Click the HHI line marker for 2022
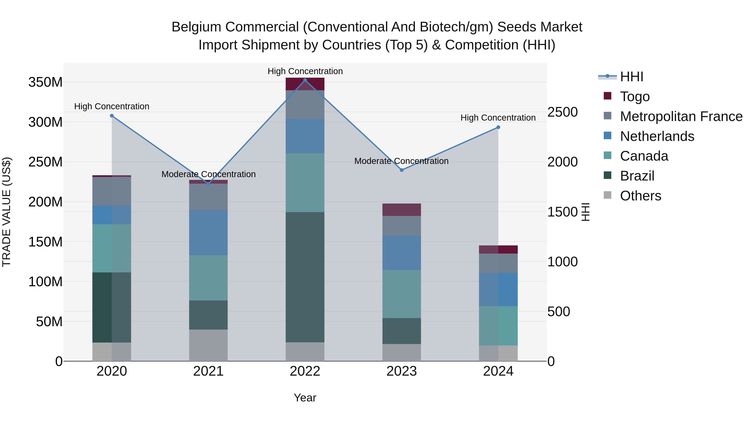(x=305, y=80)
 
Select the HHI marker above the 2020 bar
(x=112, y=116)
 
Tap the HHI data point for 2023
(x=402, y=170)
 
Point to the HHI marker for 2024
(x=498, y=127)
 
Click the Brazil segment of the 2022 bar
(x=305, y=277)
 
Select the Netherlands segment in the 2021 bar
(x=208, y=232)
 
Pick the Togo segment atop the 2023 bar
(x=402, y=210)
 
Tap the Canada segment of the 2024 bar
(x=498, y=325)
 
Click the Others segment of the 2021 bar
(x=208, y=345)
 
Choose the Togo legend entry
(x=635, y=97)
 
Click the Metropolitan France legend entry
(x=681, y=116)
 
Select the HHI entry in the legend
(x=631, y=77)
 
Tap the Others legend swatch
(x=608, y=195)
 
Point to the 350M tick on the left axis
(x=45, y=82)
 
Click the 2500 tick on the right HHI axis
(x=562, y=112)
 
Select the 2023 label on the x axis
(x=402, y=371)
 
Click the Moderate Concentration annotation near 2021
(x=208, y=174)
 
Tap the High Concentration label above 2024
(x=498, y=118)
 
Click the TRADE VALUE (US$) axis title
(x=6, y=212)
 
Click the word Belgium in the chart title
(x=196, y=27)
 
